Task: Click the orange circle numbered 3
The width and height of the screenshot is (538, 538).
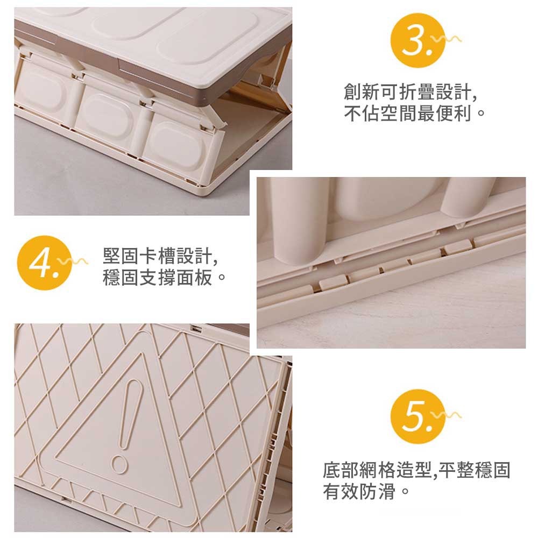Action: click(x=417, y=40)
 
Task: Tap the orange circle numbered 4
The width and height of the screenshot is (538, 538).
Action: click(x=44, y=263)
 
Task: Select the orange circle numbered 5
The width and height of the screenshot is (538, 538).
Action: click(x=417, y=416)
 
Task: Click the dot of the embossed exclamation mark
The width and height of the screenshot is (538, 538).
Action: click(x=119, y=465)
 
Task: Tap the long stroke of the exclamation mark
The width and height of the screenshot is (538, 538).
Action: click(x=130, y=413)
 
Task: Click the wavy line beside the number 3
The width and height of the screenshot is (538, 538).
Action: click(x=447, y=39)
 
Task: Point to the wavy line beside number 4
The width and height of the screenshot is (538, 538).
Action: click(x=73, y=262)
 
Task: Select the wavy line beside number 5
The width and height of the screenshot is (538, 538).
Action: click(x=447, y=415)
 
